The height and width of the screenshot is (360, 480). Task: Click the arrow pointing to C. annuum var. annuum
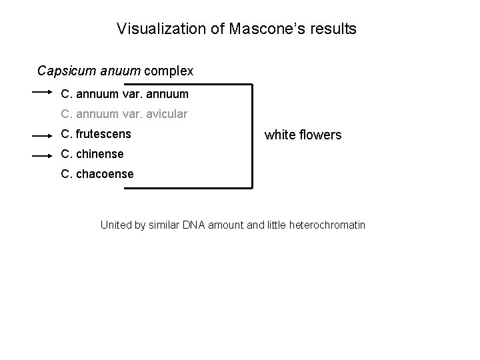(42, 93)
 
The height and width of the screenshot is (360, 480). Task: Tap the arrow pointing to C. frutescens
(42, 135)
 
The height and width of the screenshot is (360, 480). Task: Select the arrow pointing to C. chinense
(42, 155)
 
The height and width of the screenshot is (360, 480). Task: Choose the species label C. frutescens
(96, 134)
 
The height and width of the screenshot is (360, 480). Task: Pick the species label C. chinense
(92, 154)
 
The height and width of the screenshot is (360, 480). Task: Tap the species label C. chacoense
(97, 174)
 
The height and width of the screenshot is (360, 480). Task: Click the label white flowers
(303, 135)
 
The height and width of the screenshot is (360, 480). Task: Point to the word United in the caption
(115, 225)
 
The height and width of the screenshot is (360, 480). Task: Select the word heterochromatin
(327, 225)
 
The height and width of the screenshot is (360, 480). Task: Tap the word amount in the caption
(227, 225)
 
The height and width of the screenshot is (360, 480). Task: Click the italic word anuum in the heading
(117, 70)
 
